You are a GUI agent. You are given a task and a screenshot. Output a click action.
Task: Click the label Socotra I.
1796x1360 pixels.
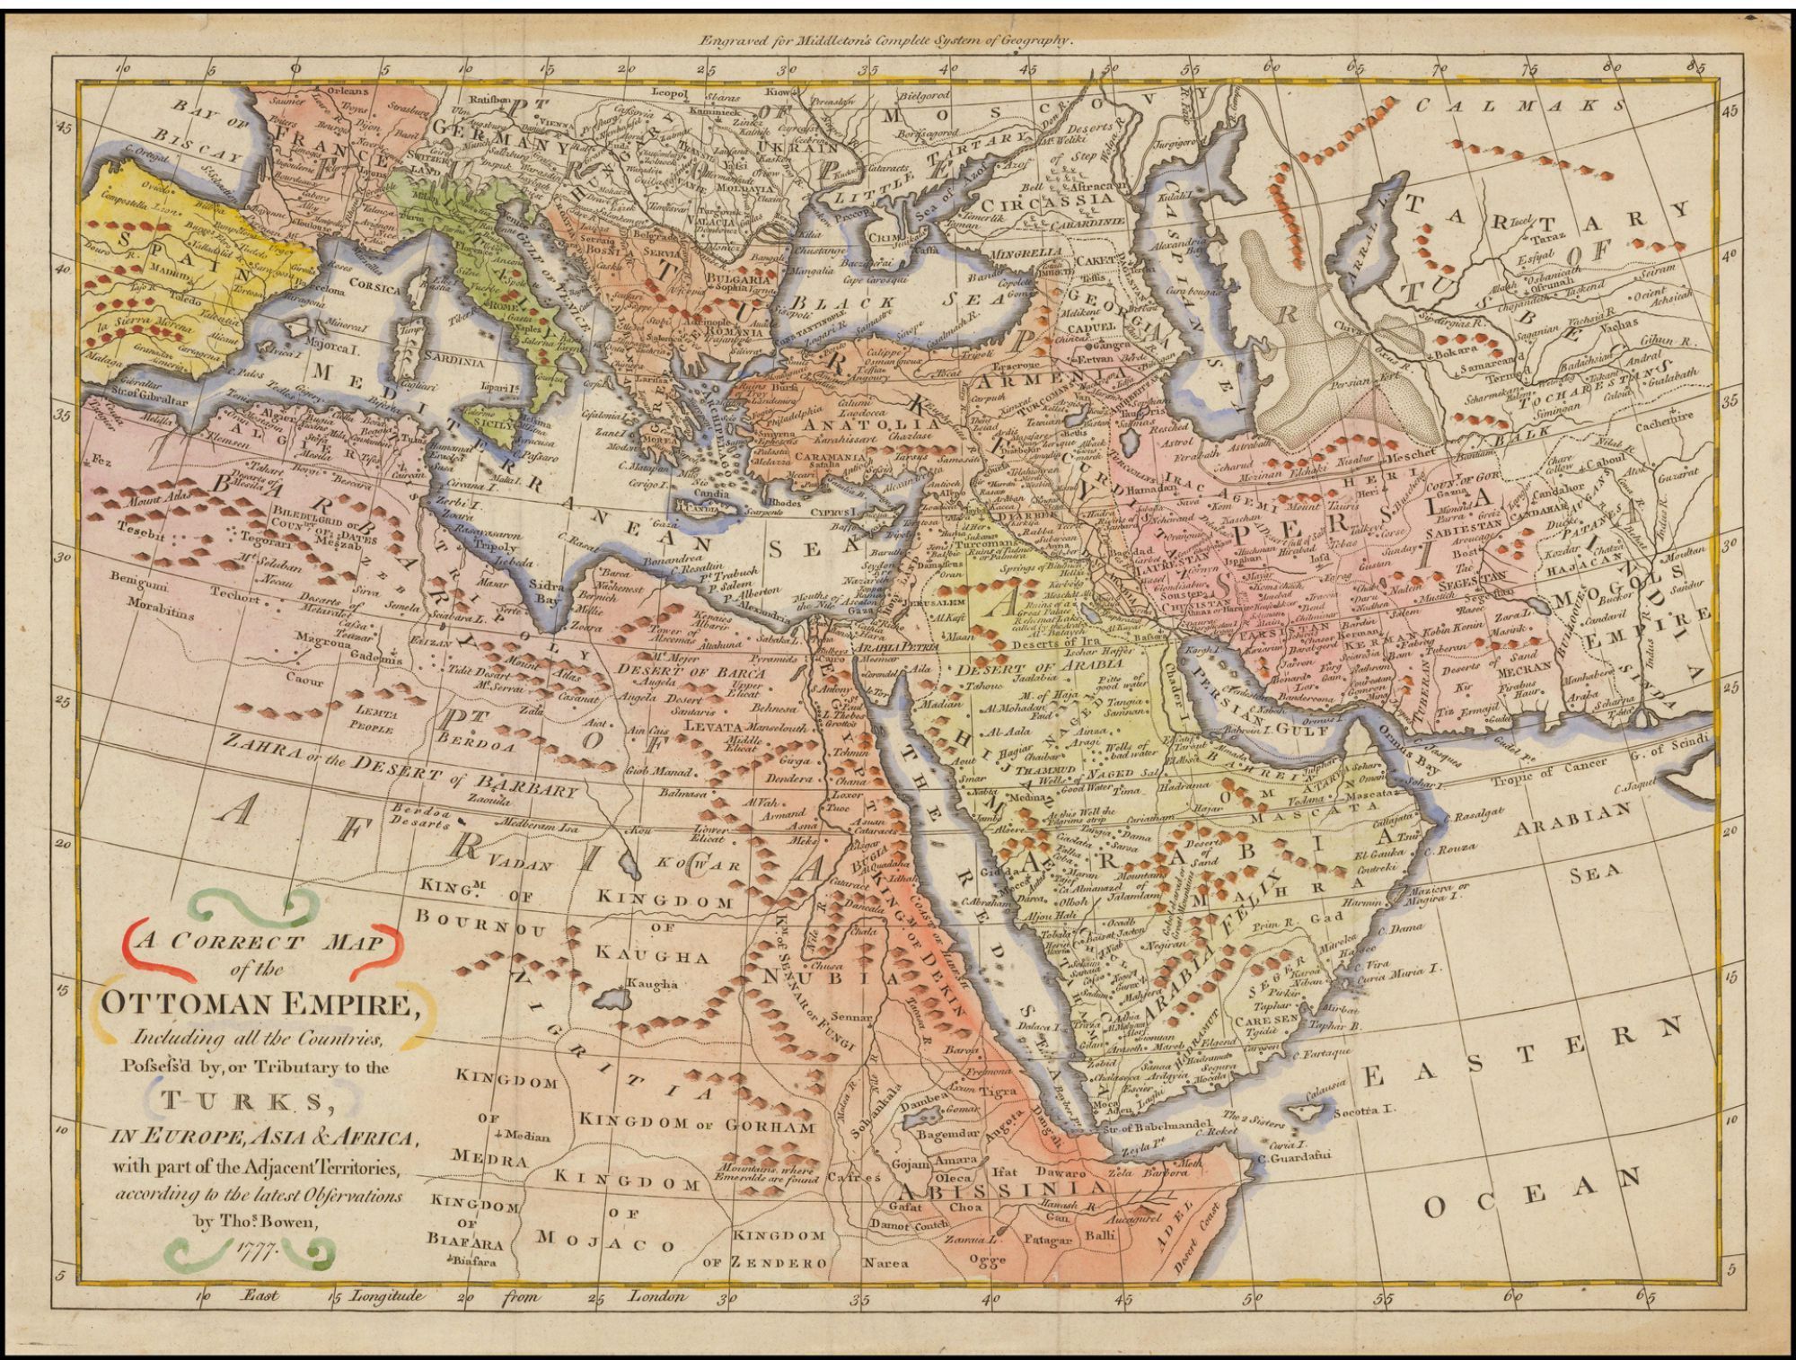[1365, 1110]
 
